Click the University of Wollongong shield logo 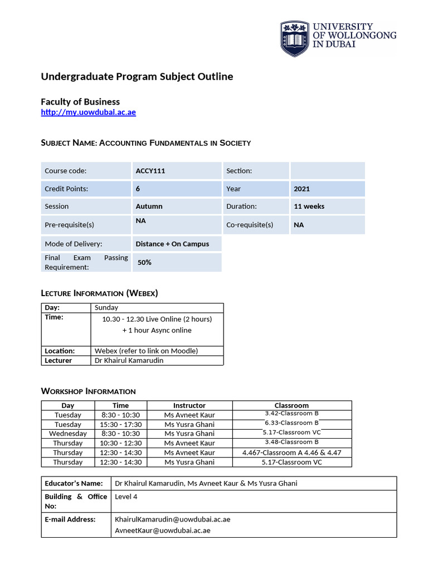tap(294, 39)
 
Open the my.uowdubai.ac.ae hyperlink tap(88, 112)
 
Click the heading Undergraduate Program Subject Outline tap(137, 76)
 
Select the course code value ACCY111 tap(150, 171)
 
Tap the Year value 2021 tap(301, 189)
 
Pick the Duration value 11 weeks tap(309, 207)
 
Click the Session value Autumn tap(149, 207)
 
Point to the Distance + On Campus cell tap(172, 244)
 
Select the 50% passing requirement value tap(144, 262)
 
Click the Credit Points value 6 tap(138, 189)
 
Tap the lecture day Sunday tap(106, 307)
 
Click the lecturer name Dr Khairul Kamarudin tap(129, 360)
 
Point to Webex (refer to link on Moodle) tap(146, 351)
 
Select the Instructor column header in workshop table tap(189, 405)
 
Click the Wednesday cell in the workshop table tap(67, 434)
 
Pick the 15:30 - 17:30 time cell tap(120, 424)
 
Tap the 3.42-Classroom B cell tap(291, 414)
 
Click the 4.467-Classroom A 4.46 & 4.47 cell tap(291, 453)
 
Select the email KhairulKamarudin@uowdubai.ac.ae tap(172, 519)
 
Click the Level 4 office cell tap(126, 497)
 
